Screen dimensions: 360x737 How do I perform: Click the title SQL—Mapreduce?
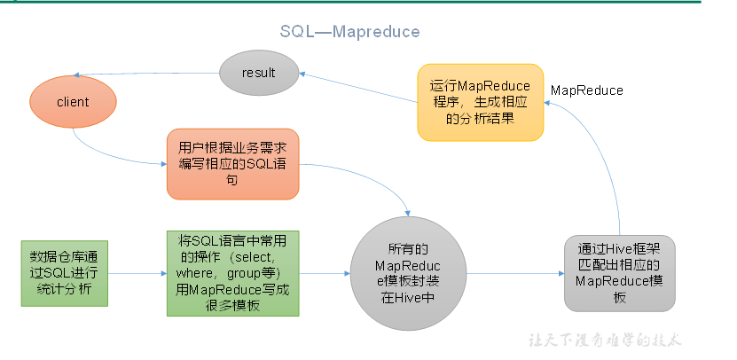349,31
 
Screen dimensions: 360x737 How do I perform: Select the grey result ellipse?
258,72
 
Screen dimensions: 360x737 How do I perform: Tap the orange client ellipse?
72,102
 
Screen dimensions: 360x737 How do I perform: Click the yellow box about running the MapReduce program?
480,100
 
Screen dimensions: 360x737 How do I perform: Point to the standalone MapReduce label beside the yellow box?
586,90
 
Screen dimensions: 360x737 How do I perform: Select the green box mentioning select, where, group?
233,273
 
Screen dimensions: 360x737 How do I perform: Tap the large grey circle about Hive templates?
408,273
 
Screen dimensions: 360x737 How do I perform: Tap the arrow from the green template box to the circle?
325,273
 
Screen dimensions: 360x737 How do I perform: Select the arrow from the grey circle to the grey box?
514,273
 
